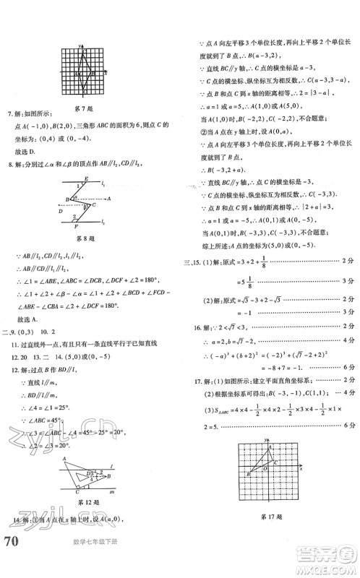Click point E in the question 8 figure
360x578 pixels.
87,179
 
